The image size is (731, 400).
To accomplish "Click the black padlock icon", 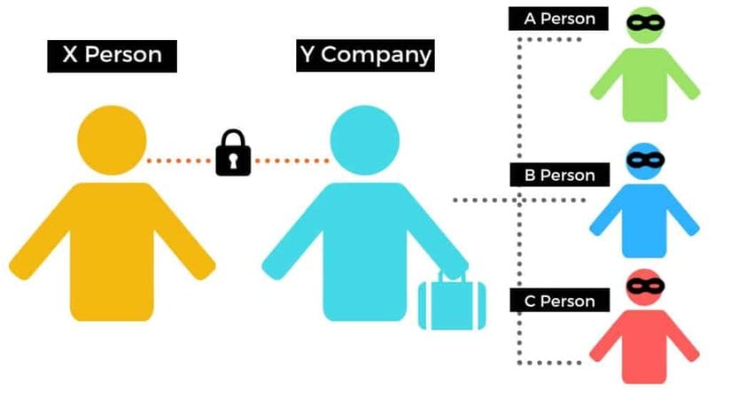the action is [x=233, y=153].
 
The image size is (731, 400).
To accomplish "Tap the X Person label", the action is [x=112, y=56].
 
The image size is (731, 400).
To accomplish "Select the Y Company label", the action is [x=365, y=55].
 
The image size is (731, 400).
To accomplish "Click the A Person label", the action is [x=558, y=19].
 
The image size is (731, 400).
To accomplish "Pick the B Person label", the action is [x=559, y=175].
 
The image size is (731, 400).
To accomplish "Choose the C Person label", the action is [x=559, y=301].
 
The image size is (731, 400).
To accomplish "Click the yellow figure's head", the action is [x=112, y=140].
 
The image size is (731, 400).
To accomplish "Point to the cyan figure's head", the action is [x=364, y=140].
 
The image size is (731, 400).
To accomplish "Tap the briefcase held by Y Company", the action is [x=452, y=301].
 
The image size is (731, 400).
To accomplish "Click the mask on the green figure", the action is [x=645, y=22].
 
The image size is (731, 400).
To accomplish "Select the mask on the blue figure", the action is [x=645, y=161].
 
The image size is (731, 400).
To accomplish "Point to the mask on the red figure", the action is [x=645, y=286].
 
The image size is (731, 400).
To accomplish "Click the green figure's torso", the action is [x=644, y=85].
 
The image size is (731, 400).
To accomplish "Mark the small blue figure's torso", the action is [x=644, y=220].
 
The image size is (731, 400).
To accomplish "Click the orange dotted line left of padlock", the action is [x=179, y=161].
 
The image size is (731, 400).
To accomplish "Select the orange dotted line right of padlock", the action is [x=292, y=161].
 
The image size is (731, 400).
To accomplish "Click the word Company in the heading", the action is [x=377, y=56].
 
